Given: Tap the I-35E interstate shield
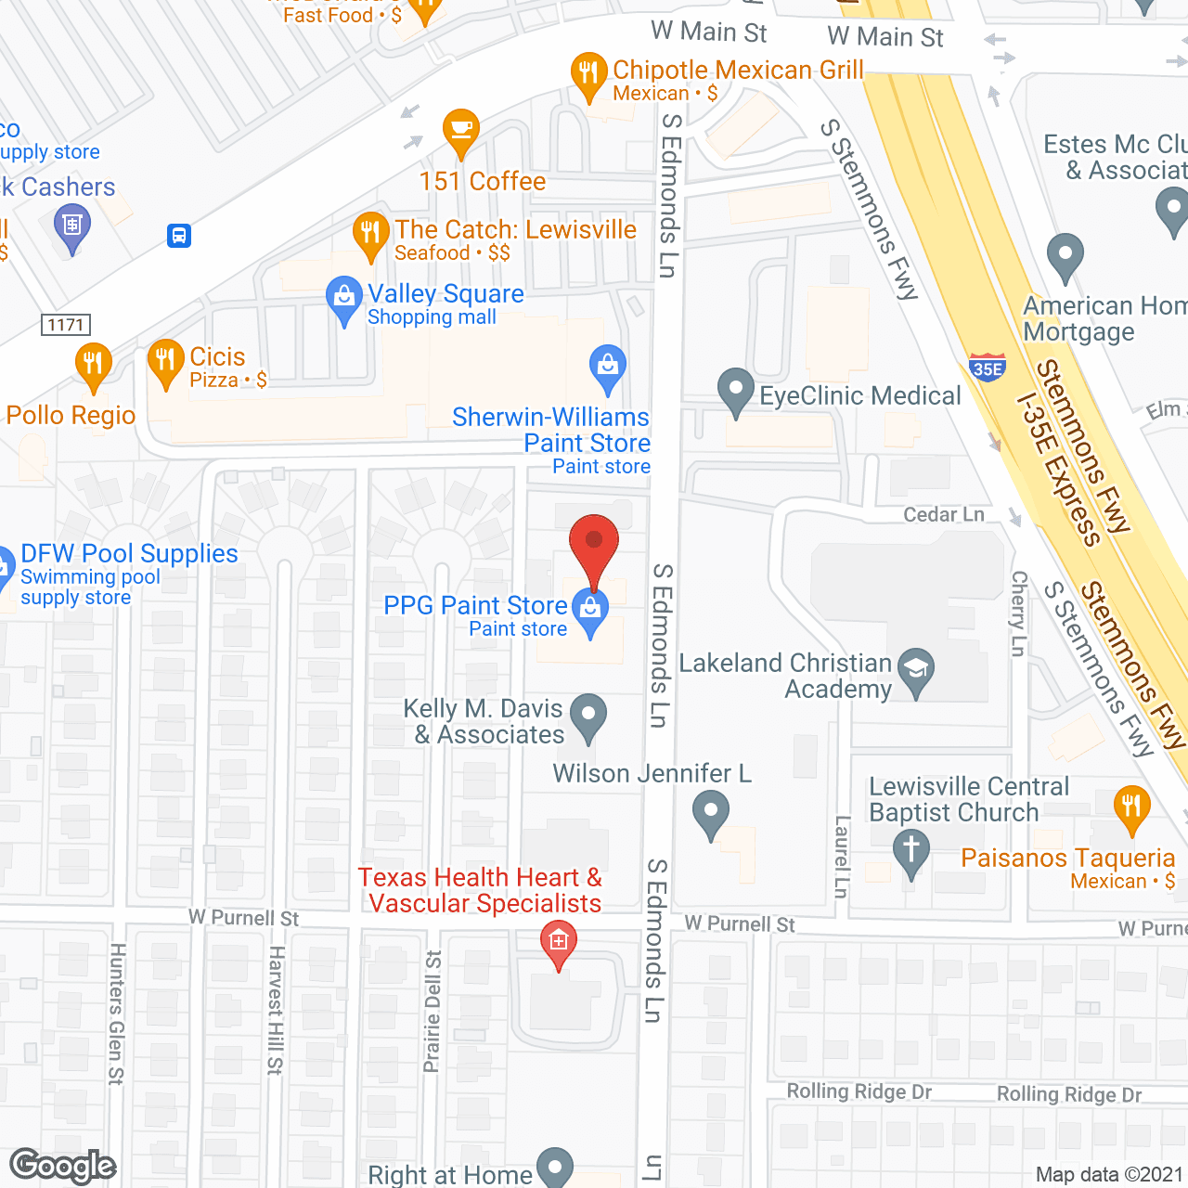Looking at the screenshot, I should click(x=987, y=368).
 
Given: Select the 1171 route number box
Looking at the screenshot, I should click(x=66, y=325).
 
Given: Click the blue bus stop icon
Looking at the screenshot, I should click(x=179, y=236).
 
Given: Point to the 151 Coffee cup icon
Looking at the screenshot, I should click(x=460, y=131).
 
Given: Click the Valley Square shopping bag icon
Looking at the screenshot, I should click(x=344, y=298).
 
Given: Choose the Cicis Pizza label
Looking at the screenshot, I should click(x=217, y=357).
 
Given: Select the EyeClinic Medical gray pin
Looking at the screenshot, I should click(x=736, y=391).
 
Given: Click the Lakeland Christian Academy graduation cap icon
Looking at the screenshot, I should click(x=916, y=669).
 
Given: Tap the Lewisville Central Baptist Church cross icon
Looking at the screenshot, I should click(x=910, y=850).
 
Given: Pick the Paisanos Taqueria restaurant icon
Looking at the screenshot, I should click(x=1130, y=808).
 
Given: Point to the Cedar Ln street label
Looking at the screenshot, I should click(x=944, y=514).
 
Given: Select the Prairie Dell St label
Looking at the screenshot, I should click(x=433, y=1012).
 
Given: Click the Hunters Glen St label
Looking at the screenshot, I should click(x=116, y=1014).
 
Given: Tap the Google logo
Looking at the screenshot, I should click(x=63, y=1166).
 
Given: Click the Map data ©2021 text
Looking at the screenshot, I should click(x=1109, y=1174).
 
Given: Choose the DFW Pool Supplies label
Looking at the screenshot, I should click(x=129, y=554).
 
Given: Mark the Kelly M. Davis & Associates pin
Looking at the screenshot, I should click(x=588, y=716).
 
